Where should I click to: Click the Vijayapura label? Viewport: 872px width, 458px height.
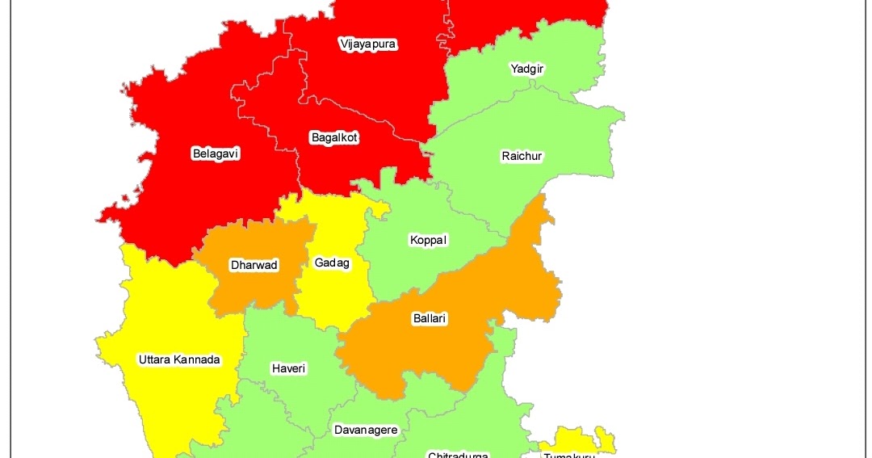(368, 44)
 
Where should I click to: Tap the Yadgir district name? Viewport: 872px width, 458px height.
(527, 69)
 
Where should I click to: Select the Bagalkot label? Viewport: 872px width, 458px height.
(333, 138)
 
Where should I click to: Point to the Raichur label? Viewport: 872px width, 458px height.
(522, 156)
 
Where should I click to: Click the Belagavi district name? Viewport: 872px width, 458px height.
(216, 153)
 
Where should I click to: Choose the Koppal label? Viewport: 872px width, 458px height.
(428, 241)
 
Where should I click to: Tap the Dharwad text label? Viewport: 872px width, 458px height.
(254, 265)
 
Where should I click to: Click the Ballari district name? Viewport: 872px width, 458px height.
(429, 319)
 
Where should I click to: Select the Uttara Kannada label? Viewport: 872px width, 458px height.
(178, 359)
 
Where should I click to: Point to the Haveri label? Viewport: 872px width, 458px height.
(288, 368)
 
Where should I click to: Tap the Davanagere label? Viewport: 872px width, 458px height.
(366, 430)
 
